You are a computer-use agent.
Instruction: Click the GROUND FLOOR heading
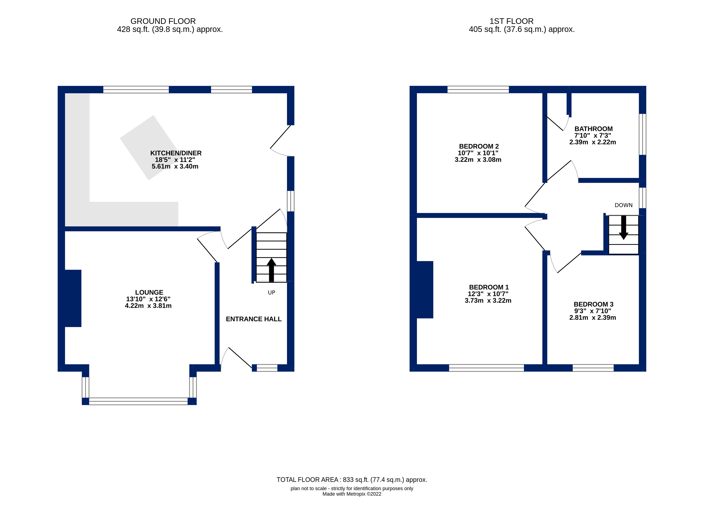163,21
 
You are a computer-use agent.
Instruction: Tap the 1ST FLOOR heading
511,21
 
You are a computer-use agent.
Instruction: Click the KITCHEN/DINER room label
176,153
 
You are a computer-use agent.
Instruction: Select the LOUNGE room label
149,292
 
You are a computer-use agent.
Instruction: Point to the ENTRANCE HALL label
254,319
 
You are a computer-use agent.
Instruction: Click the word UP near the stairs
271,292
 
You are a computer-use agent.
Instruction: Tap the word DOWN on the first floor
623,205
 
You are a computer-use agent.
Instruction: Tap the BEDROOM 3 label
593,304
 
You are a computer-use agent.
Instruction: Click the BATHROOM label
593,129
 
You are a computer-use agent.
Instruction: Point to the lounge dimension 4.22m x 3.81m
148,306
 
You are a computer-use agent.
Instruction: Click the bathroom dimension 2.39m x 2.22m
593,142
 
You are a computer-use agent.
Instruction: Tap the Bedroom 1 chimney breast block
425,289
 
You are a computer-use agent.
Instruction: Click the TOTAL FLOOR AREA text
352,479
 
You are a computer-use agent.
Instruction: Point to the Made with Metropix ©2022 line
352,494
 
